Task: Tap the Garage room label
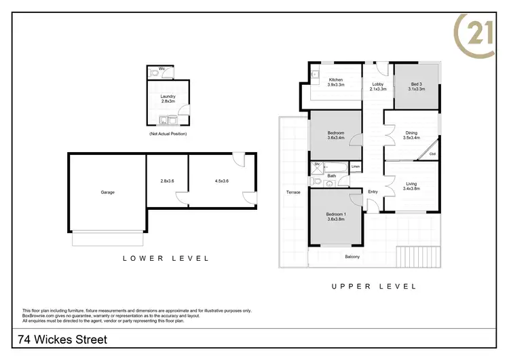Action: tap(107, 192)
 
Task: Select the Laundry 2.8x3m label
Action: tap(168, 98)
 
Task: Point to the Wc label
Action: tap(162, 69)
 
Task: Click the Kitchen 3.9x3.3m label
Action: tap(336, 82)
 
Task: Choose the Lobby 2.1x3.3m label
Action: tap(378, 86)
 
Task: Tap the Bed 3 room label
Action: tap(417, 86)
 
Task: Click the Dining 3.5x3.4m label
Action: tap(411, 135)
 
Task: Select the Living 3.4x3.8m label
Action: tap(411, 186)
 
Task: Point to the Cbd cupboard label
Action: tap(433, 154)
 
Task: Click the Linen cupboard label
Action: tap(355, 166)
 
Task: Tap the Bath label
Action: tap(332, 176)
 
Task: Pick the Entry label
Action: tap(373, 192)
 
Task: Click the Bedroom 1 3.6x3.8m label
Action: tap(336, 217)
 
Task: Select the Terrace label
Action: tap(293, 192)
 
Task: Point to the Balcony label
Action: tap(352, 256)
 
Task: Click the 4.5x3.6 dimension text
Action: tap(221, 181)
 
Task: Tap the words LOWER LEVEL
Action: tap(166, 258)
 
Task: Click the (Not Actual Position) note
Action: tap(168, 134)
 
